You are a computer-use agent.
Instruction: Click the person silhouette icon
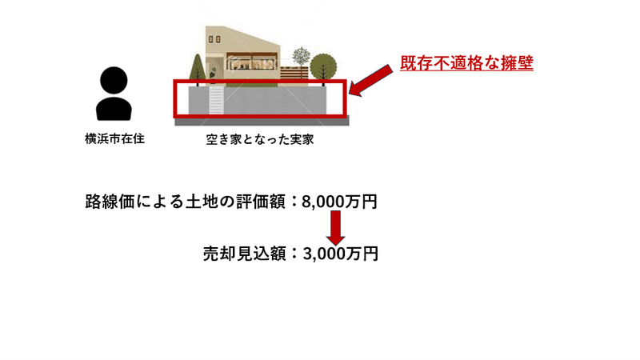114,94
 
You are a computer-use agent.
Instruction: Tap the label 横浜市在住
114,138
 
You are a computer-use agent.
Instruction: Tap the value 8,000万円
339,202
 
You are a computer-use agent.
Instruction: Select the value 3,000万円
339,254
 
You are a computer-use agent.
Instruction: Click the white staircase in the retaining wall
215,102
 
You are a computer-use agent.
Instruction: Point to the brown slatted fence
294,77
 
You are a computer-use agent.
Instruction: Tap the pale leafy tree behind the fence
301,55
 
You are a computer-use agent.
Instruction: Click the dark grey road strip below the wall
264,120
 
